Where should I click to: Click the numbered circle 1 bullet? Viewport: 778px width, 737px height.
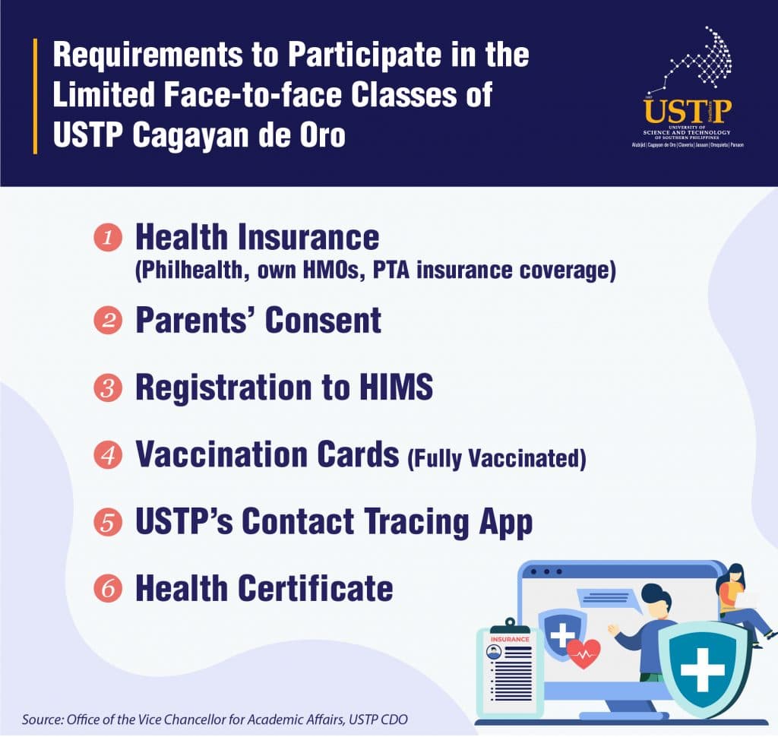(108, 238)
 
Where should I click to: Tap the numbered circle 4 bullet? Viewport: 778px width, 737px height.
(108, 455)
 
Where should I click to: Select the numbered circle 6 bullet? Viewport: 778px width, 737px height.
(108, 589)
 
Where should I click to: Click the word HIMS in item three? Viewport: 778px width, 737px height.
(396, 387)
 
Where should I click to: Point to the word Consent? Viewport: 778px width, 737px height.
(323, 320)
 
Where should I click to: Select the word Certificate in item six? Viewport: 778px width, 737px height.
(315, 589)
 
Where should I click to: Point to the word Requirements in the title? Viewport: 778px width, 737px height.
(148, 55)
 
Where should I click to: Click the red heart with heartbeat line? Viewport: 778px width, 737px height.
(583, 654)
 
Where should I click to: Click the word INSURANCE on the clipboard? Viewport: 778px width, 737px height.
(510, 639)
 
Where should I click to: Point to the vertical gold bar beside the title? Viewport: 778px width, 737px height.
(35, 96)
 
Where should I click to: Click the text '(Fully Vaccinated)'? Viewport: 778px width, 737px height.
(497, 458)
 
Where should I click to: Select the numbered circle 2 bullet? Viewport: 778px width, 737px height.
(108, 320)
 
